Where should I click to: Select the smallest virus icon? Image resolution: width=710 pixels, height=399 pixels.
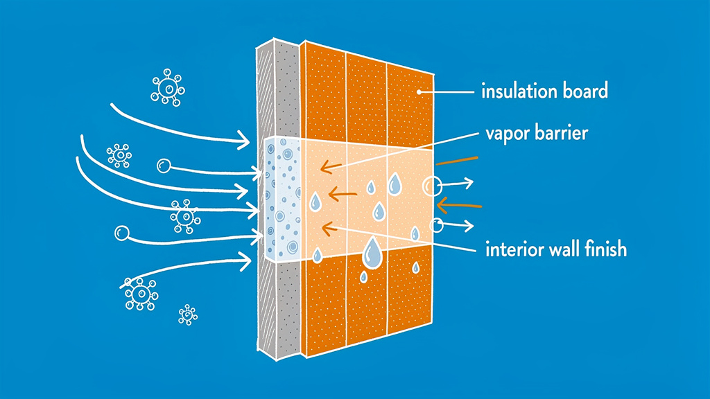pyautogui.click(x=187, y=314)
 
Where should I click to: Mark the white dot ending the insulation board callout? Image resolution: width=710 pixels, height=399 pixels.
pyautogui.click(x=420, y=91)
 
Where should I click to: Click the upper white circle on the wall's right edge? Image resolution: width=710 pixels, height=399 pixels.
pyautogui.click(x=431, y=185)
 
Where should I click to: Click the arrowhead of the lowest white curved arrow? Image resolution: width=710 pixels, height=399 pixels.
pyautogui.click(x=247, y=261)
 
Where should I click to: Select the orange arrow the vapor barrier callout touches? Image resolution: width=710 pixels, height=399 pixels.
pyautogui.click(x=325, y=166)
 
